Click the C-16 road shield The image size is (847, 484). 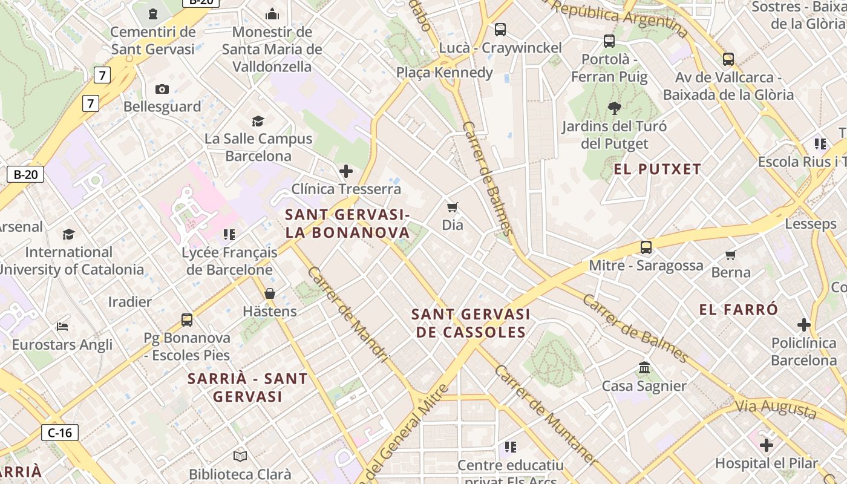pyautogui.click(x=60, y=433)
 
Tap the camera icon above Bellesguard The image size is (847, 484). pyautogui.click(x=162, y=89)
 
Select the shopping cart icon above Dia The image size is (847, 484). pyautogui.click(x=452, y=208)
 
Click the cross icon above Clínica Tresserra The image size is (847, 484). pyautogui.click(x=346, y=171)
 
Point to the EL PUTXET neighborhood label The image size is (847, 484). pyautogui.click(x=657, y=169)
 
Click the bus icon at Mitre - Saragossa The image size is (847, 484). pyautogui.click(x=646, y=247)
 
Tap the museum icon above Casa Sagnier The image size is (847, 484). pyautogui.click(x=644, y=368)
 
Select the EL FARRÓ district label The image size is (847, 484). pyautogui.click(x=739, y=310)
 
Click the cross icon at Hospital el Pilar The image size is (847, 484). pyautogui.click(x=767, y=445)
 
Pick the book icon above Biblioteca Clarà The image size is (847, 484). pyautogui.click(x=240, y=456)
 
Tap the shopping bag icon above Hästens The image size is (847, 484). pyautogui.click(x=270, y=293)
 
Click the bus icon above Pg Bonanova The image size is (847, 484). pyautogui.click(x=187, y=319)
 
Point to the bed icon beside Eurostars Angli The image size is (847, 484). pyautogui.click(x=62, y=327)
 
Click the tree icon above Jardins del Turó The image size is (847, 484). pyautogui.click(x=615, y=109)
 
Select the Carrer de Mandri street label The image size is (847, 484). pyautogui.click(x=347, y=315)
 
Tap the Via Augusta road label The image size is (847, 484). pyautogui.click(x=776, y=408)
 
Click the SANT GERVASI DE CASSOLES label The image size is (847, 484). pyautogui.click(x=471, y=323)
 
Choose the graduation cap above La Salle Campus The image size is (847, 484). pyautogui.click(x=258, y=121)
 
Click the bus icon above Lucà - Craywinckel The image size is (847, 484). pyautogui.click(x=500, y=29)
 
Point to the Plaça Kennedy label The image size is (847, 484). pyautogui.click(x=445, y=73)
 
